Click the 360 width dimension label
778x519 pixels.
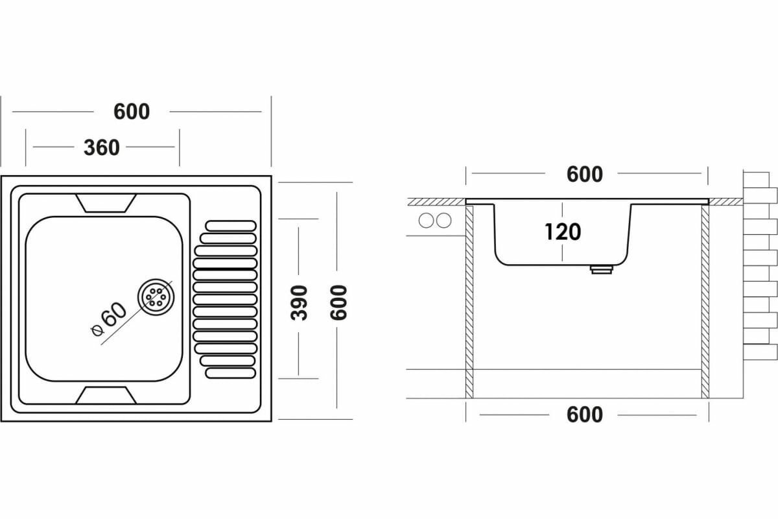click(x=102, y=147)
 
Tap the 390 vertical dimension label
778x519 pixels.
click(x=299, y=302)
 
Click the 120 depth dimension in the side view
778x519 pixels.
click(x=562, y=232)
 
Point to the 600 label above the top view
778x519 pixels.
click(x=132, y=112)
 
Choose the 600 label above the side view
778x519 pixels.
click(x=584, y=174)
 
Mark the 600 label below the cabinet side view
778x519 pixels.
click(x=584, y=415)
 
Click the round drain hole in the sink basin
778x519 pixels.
click(x=156, y=297)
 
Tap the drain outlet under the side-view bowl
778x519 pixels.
click(x=601, y=269)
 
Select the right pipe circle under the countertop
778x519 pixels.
click(x=444, y=221)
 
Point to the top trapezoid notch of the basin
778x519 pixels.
click(x=106, y=203)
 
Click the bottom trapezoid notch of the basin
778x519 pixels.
click(x=106, y=394)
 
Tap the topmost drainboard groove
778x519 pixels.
click(x=231, y=225)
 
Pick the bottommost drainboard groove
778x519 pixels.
click(x=231, y=373)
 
